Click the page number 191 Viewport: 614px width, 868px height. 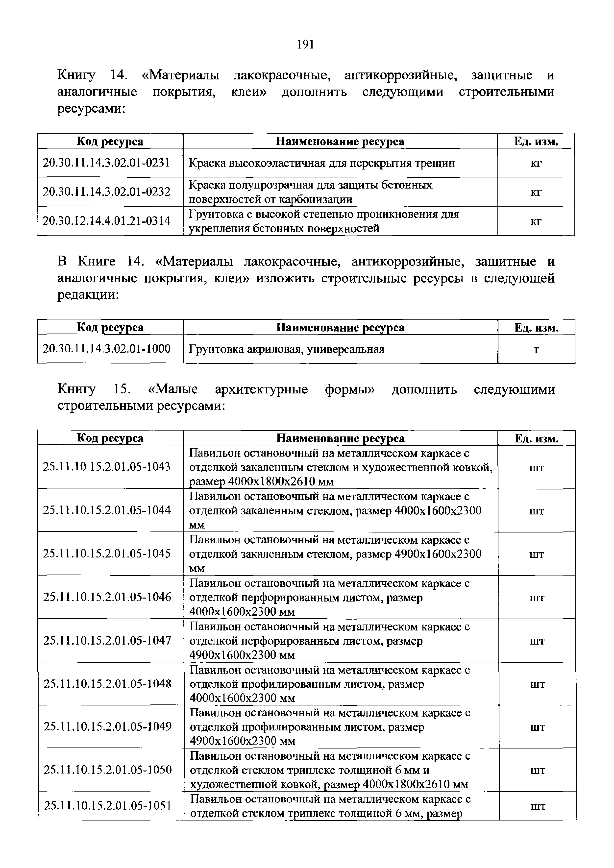pyautogui.click(x=305, y=45)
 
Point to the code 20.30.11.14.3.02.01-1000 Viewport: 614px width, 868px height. pyautogui.click(x=107, y=349)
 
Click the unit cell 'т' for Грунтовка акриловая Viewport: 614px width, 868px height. pyautogui.click(x=536, y=349)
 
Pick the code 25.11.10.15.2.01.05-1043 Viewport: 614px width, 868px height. pyautogui.click(x=107, y=467)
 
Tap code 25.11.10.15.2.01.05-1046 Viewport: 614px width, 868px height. pyautogui.click(x=107, y=597)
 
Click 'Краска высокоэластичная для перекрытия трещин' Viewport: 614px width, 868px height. pyautogui.click(x=321, y=163)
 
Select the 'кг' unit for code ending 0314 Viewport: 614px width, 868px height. pyautogui.click(x=536, y=221)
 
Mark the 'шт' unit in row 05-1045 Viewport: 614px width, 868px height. pyautogui.click(x=537, y=554)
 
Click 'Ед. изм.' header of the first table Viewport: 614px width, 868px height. pyautogui.click(x=536, y=141)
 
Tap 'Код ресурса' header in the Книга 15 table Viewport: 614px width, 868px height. pyautogui.click(x=110, y=438)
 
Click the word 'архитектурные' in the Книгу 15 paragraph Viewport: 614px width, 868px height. pyautogui.click(x=261, y=389)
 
